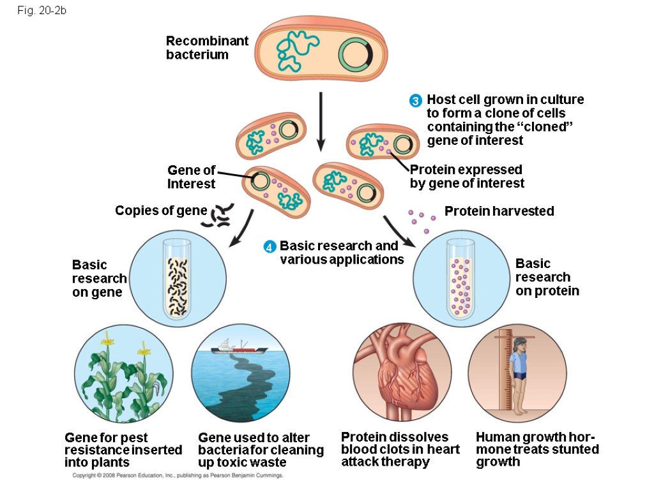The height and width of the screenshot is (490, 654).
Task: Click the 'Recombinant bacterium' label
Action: tap(206, 48)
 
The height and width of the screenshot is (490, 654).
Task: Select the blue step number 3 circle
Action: tap(416, 101)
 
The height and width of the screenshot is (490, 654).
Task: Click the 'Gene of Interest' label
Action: tap(192, 177)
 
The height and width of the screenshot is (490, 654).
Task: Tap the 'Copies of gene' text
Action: tap(160, 211)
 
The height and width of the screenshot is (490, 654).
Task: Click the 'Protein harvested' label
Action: tap(499, 211)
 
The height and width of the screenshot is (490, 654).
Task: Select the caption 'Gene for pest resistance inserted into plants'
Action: tap(123, 450)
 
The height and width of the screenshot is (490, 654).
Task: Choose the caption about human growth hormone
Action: tap(537, 449)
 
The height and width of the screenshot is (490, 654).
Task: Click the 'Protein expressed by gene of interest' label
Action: tap(466, 177)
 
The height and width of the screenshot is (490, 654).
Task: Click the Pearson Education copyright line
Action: tap(177, 476)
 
